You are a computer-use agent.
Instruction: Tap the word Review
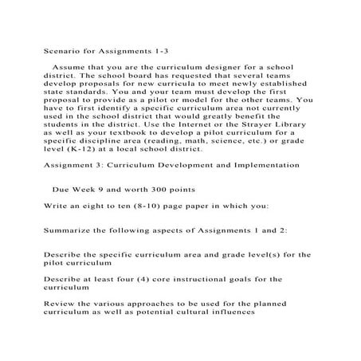(60, 304)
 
